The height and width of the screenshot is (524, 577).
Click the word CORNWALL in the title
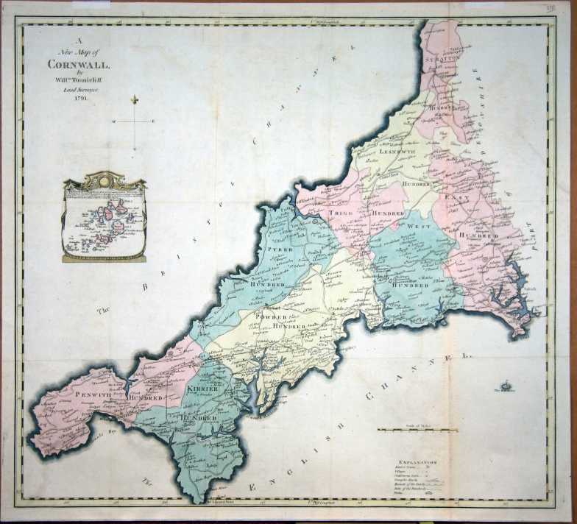click(x=72, y=64)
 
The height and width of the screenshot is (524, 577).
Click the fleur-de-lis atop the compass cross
click(x=134, y=99)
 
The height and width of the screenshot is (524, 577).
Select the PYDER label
click(x=280, y=251)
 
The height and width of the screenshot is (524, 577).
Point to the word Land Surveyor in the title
click(x=72, y=88)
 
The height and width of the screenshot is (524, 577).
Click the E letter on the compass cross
click(x=152, y=121)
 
